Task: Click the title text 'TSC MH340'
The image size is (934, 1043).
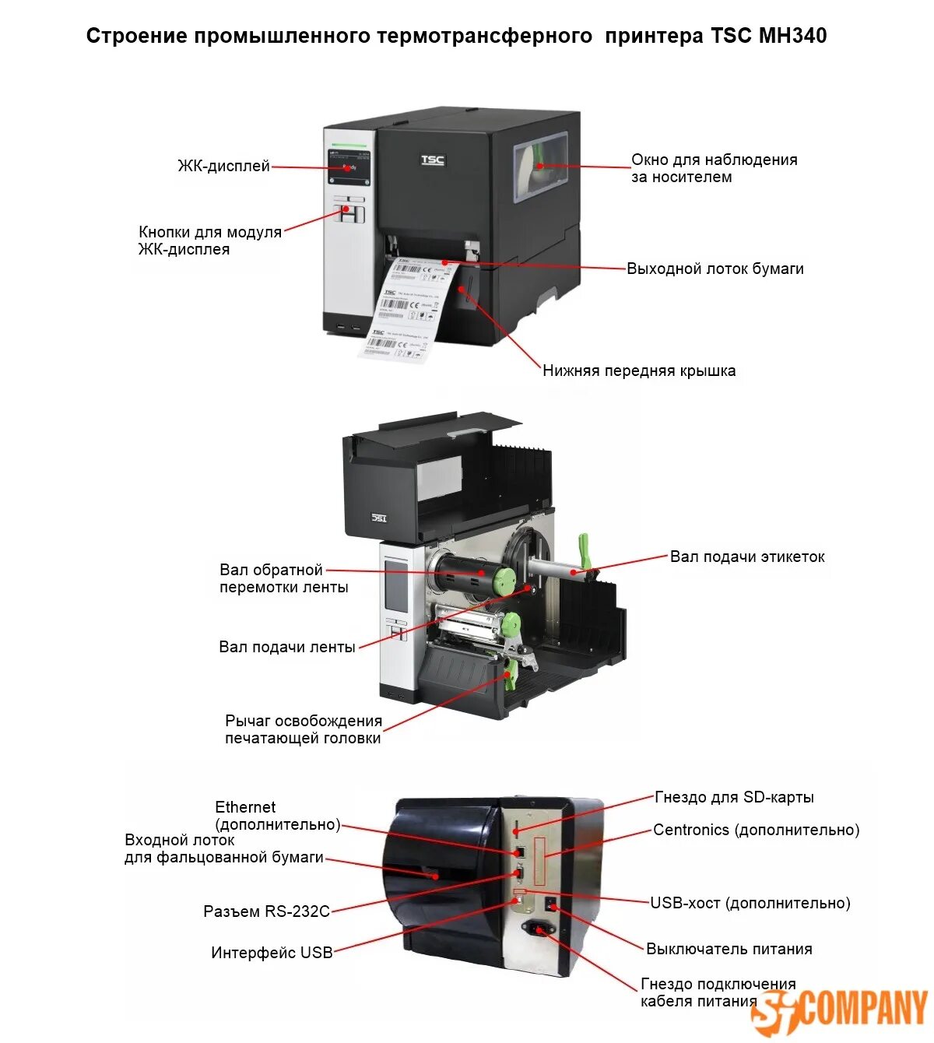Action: pyautogui.click(x=768, y=36)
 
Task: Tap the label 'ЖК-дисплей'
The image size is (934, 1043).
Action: pyautogui.click(x=223, y=166)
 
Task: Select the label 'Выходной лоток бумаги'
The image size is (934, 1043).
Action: pyautogui.click(x=715, y=269)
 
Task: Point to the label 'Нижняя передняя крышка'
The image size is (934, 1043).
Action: pyautogui.click(x=639, y=370)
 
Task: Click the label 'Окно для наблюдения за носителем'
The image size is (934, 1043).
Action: pyautogui.click(x=714, y=168)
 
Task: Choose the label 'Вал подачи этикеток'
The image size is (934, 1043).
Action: pyautogui.click(x=747, y=557)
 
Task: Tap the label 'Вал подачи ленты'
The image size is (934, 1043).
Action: pyautogui.click(x=286, y=647)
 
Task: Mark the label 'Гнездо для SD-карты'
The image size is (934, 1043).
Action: pyautogui.click(x=734, y=797)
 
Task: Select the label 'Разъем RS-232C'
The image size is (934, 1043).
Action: pyautogui.click(x=266, y=911)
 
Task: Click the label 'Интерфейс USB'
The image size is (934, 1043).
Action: pyautogui.click(x=272, y=952)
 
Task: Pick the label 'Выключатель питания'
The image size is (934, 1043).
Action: pyautogui.click(x=729, y=949)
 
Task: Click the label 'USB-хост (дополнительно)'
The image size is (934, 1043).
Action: pyautogui.click(x=750, y=903)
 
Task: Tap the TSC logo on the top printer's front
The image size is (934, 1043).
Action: pyautogui.click(x=433, y=160)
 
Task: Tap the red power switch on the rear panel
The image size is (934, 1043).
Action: pyautogui.click(x=551, y=904)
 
